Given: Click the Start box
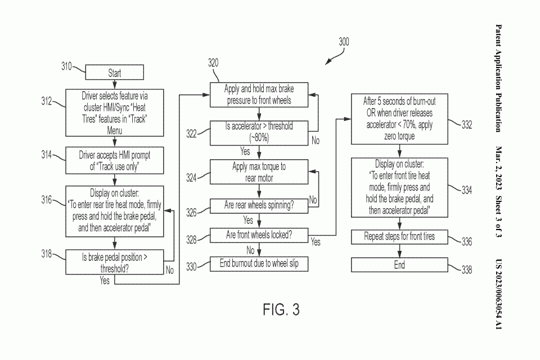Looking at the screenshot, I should tap(114, 73).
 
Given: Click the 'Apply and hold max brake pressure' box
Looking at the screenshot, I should tap(259, 94).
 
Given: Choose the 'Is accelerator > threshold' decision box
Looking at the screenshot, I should tap(259, 132).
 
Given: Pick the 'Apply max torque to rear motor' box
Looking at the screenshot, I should tap(259, 172).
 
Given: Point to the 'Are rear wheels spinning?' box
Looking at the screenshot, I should tap(259, 206).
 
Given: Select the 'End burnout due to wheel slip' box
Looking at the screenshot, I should tap(259, 263).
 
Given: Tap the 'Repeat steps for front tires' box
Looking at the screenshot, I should tap(400, 237).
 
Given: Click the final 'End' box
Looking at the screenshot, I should tap(400, 265).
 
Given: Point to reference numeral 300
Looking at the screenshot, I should tap(343, 42).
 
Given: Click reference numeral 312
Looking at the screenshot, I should tap(47, 102).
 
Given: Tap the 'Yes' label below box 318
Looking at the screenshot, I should tap(105, 280).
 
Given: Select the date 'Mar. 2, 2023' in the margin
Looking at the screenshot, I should tap(498, 166).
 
